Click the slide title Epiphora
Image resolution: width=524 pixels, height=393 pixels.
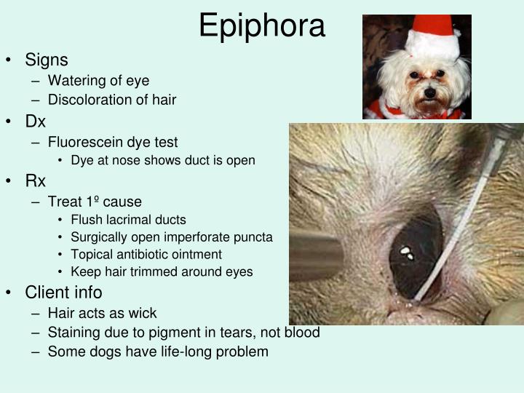pyautogui.click(x=262, y=26)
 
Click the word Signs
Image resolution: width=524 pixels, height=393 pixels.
pyautogui.click(x=47, y=60)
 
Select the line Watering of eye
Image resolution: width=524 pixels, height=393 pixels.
pyautogui.click(x=98, y=80)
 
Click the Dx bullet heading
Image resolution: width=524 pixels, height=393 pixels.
pyautogui.click(x=36, y=122)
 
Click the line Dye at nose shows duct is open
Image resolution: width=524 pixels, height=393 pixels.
pyautogui.click(x=163, y=160)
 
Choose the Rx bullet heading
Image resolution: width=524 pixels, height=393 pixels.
pyautogui.click(x=36, y=181)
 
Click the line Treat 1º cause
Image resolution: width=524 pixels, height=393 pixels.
pyautogui.click(x=95, y=202)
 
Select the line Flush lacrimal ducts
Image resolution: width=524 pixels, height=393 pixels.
pyautogui.click(x=128, y=220)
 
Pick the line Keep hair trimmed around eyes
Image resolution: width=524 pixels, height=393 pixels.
pyautogui.click(x=162, y=272)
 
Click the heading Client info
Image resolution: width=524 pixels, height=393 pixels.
pyautogui.click(x=63, y=293)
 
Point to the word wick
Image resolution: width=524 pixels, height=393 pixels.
pyautogui.click(x=143, y=314)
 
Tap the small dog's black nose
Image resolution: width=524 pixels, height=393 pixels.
pyautogui.click(x=430, y=92)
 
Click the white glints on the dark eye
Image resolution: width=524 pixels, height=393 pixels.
pyautogui.click(x=407, y=253)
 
